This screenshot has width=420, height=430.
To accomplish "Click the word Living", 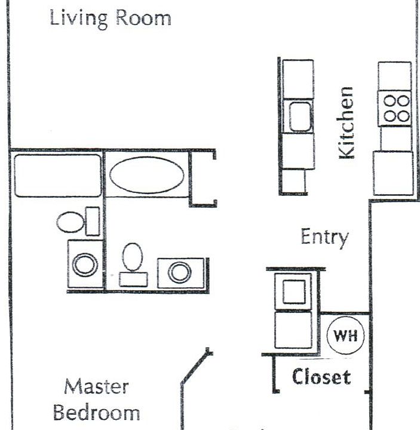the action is [x=78, y=18].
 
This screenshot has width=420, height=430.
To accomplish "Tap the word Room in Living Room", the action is [x=143, y=17].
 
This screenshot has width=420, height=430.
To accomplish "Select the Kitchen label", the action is [x=346, y=123].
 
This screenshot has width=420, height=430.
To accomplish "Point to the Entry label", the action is [x=324, y=237].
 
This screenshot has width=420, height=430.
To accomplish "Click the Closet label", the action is [x=321, y=377].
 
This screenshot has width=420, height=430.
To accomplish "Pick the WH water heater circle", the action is [x=345, y=336].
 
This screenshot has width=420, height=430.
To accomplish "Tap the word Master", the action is [x=96, y=386].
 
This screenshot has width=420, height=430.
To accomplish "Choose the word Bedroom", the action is [x=96, y=412].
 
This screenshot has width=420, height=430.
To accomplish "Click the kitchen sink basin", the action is [x=300, y=116].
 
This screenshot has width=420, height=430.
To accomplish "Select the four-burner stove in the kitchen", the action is [x=396, y=108].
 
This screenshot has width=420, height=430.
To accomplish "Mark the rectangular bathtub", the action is [x=57, y=176].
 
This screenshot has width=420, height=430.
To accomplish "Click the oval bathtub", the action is [x=147, y=175].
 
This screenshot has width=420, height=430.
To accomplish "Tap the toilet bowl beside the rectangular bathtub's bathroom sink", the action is [x=70, y=222].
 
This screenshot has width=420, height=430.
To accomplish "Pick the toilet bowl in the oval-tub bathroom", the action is [x=133, y=257].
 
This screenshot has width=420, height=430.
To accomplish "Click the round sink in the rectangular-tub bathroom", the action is [x=85, y=264].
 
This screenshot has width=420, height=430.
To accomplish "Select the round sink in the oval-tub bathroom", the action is [x=179, y=272].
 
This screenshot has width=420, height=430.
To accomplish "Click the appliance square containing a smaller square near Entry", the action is [x=293, y=291].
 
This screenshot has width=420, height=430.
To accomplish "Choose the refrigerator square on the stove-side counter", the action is [x=393, y=173].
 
